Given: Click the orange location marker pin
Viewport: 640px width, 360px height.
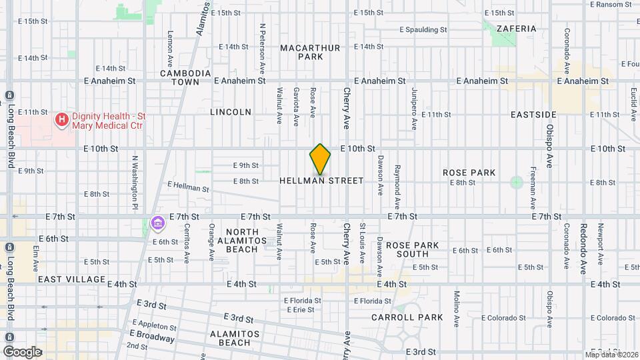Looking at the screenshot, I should pyautogui.click(x=320, y=159).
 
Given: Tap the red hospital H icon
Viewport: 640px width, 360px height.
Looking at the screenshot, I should pyautogui.click(x=62, y=120).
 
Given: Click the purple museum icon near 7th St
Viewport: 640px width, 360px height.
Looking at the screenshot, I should pyautogui.click(x=157, y=223).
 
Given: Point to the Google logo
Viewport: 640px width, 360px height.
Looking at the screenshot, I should pyautogui.click(x=22, y=351).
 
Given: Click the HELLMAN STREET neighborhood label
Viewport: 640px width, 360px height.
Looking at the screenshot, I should pyautogui.click(x=322, y=181).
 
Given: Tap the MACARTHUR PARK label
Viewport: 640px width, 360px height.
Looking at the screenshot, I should pyautogui.click(x=310, y=52).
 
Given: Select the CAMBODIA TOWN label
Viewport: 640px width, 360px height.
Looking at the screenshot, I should pyautogui.click(x=185, y=77).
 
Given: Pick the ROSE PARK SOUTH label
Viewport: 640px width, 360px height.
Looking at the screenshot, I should pyautogui.click(x=412, y=249).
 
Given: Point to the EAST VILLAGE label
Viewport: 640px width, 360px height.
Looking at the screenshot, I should pyautogui.click(x=72, y=279).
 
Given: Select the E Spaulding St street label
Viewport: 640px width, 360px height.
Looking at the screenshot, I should pyautogui.click(x=423, y=29).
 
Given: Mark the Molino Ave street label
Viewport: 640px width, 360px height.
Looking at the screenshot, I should pyautogui.click(x=457, y=309).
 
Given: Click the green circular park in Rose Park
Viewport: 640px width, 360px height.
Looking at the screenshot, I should pyautogui.click(x=516, y=182).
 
